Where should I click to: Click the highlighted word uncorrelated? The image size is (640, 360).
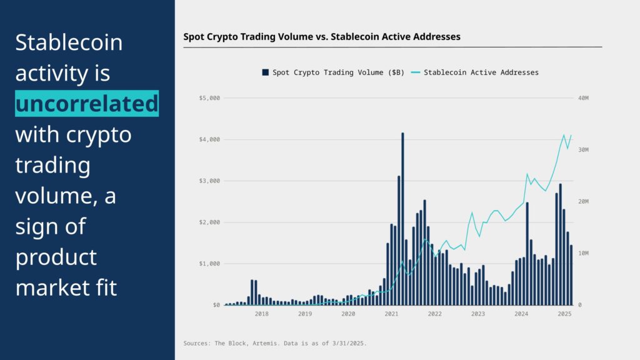87,104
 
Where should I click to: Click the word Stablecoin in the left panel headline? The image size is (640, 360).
69,43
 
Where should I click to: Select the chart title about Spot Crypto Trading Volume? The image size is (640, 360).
321,37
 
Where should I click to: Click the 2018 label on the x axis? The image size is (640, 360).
261,314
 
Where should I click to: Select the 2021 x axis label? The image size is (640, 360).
391,314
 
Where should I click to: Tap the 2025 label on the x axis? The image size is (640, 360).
564,314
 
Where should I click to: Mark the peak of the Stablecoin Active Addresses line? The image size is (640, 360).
564,135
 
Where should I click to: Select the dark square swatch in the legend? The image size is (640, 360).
266,72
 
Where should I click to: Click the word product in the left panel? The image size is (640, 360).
56,257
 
